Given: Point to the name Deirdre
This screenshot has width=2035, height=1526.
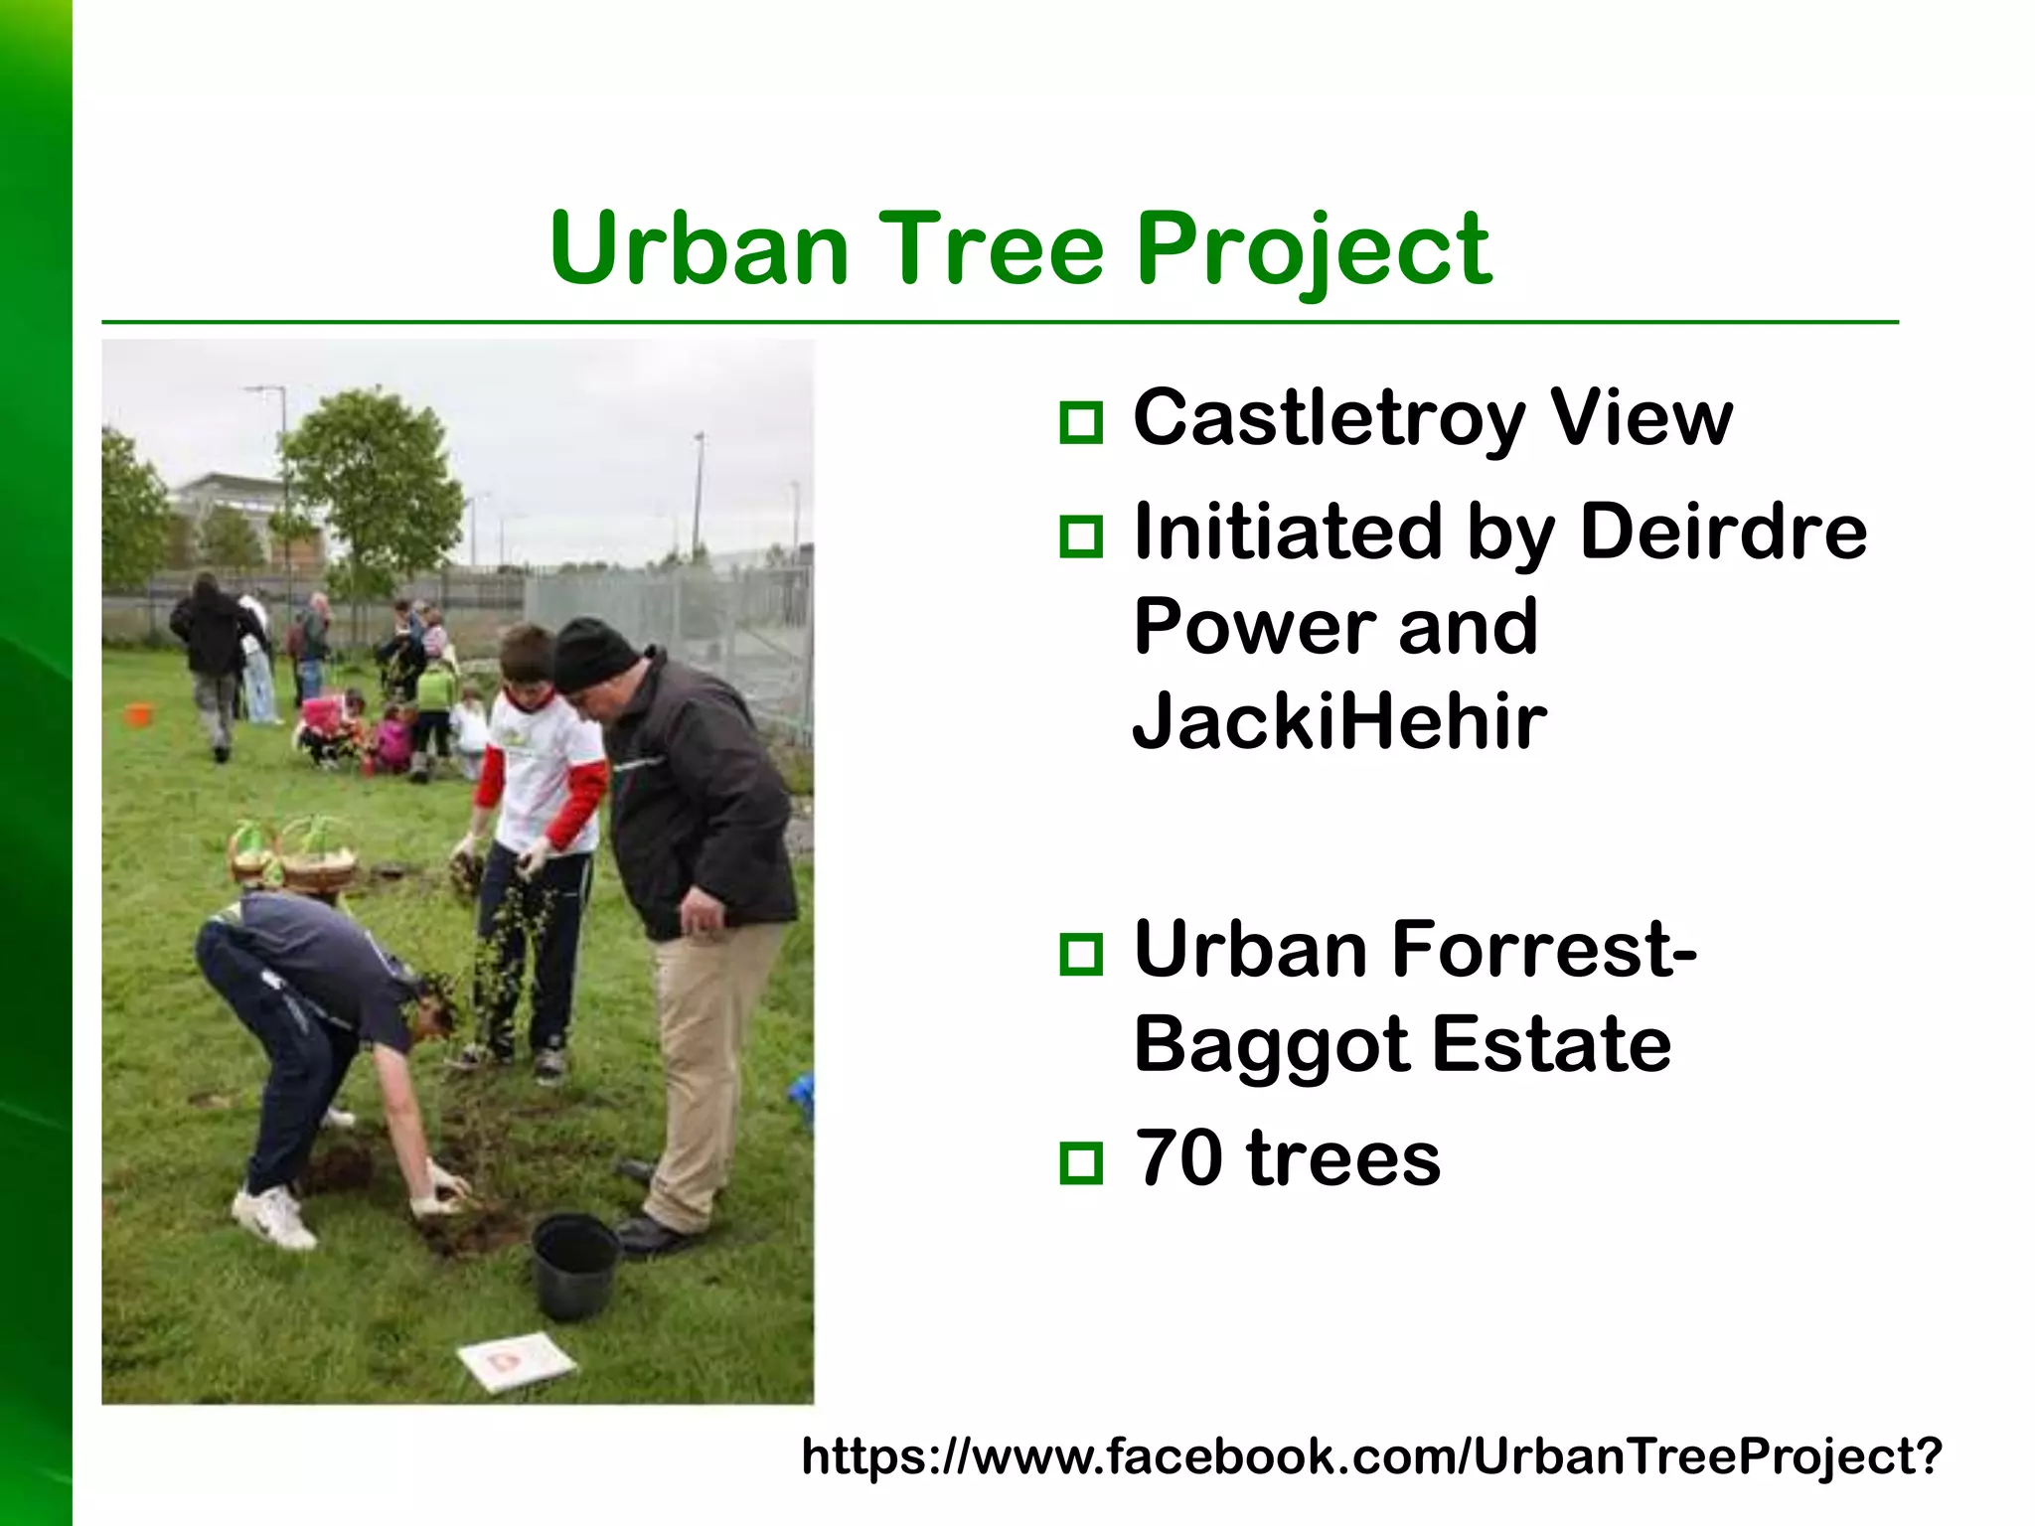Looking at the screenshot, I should coord(1723,533).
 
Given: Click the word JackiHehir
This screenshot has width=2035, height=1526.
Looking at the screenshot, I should coord(1339,721).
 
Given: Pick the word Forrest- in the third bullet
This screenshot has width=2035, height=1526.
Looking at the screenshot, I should coord(1544,950).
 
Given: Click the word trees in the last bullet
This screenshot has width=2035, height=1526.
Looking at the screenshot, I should coord(1342,1158).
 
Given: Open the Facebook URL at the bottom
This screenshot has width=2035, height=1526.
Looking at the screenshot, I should coord(1371,1456).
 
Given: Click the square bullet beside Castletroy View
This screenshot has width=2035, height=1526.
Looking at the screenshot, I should coord(1081,423).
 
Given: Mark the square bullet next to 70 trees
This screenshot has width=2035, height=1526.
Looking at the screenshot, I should coord(1081,1163).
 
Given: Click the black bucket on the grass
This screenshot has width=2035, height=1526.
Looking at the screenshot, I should coord(574,1266).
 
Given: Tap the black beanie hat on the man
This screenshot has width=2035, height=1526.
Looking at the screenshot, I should coord(593,655).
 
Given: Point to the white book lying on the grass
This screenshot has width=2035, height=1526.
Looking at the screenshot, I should coord(517,1359).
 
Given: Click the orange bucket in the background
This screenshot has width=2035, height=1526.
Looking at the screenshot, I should coord(139,714).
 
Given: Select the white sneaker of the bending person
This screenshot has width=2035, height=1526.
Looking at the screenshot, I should coord(273,1219).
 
